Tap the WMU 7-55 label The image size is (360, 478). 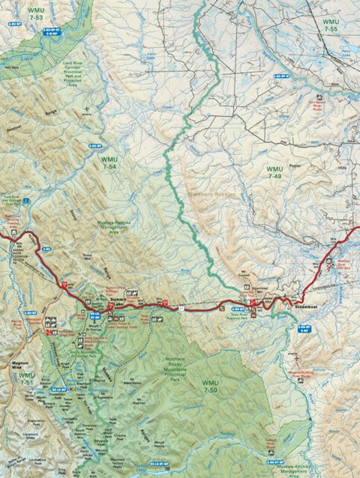331,25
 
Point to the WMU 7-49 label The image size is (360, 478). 275,173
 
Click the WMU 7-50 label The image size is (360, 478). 210,386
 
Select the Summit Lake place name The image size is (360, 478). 117,301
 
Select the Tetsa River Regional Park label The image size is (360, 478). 238,315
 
